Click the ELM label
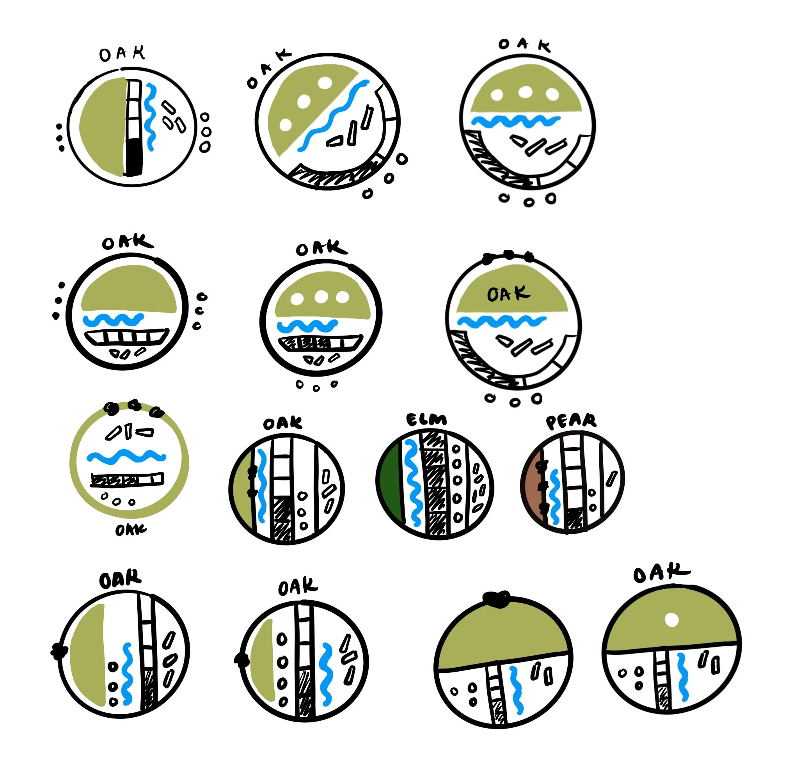(x=426, y=420)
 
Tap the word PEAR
(x=571, y=421)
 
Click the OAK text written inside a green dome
(x=508, y=293)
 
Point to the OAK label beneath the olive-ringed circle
(x=130, y=530)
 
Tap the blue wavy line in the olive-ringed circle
(x=126, y=456)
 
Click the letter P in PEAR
(x=552, y=423)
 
